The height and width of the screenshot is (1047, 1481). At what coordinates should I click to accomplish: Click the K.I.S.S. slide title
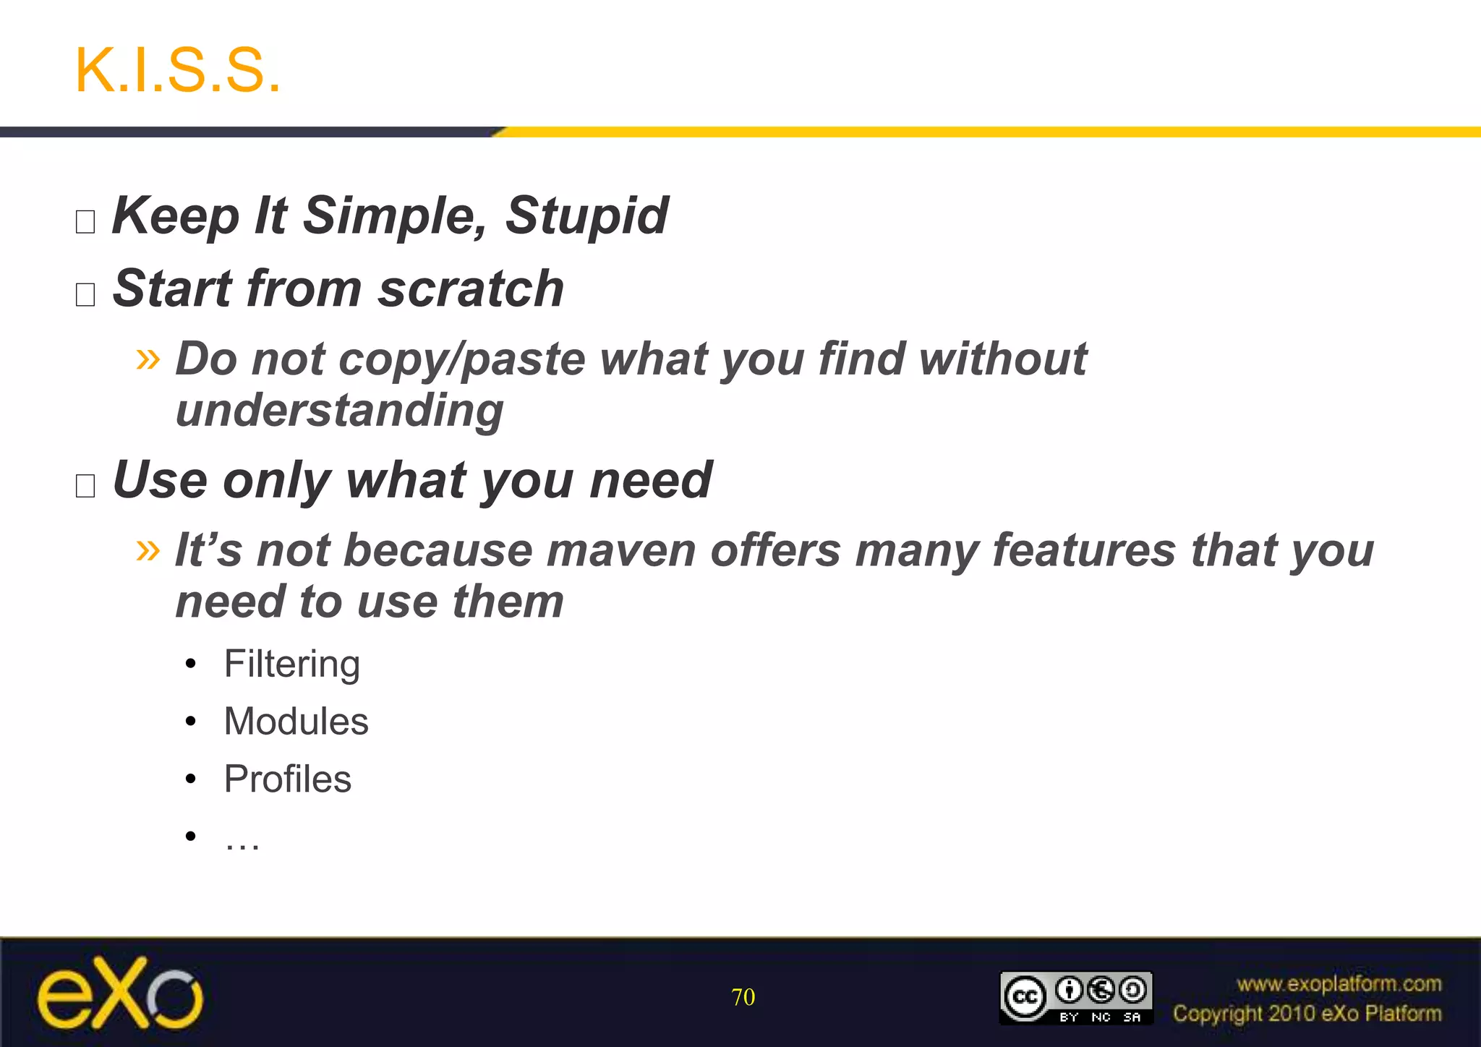pyautogui.click(x=177, y=70)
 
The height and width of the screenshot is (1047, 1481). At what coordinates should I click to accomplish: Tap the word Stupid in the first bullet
pyautogui.click(x=586, y=215)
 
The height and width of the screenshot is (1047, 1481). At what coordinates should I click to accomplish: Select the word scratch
pyautogui.click(x=471, y=289)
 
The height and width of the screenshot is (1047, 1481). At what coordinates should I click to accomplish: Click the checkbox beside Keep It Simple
pyautogui.click(x=85, y=221)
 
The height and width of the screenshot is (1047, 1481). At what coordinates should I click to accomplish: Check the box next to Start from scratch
pyautogui.click(x=85, y=294)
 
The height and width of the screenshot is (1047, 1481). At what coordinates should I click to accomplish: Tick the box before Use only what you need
pyautogui.click(x=85, y=485)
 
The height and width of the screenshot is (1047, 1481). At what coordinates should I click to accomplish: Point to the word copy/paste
pyautogui.click(x=461, y=359)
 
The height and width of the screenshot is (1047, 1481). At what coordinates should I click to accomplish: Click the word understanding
pyautogui.click(x=339, y=411)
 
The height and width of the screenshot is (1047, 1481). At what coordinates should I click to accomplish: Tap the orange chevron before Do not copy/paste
pyautogui.click(x=148, y=358)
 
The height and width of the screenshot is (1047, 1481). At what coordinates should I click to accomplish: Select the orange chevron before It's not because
pyautogui.click(x=148, y=550)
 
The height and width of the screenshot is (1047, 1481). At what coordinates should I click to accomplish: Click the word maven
pyautogui.click(x=621, y=550)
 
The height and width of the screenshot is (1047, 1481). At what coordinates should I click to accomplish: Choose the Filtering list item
pyautogui.click(x=291, y=664)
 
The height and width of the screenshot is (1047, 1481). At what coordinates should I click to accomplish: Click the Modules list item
pyautogui.click(x=296, y=722)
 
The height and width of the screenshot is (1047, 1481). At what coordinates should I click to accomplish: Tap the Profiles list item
pyautogui.click(x=287, y=779)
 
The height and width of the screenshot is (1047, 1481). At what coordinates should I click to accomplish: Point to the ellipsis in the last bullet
pyautogui.click(x=242, y=839)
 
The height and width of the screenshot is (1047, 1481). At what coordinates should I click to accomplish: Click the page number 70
pyautogui.click(x=743, y=997)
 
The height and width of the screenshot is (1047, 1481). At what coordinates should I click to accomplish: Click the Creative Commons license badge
pyautogui.click(x=1076, y=998)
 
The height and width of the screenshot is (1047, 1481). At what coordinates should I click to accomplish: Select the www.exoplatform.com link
pyautogui.click(x=1339, y=984)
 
